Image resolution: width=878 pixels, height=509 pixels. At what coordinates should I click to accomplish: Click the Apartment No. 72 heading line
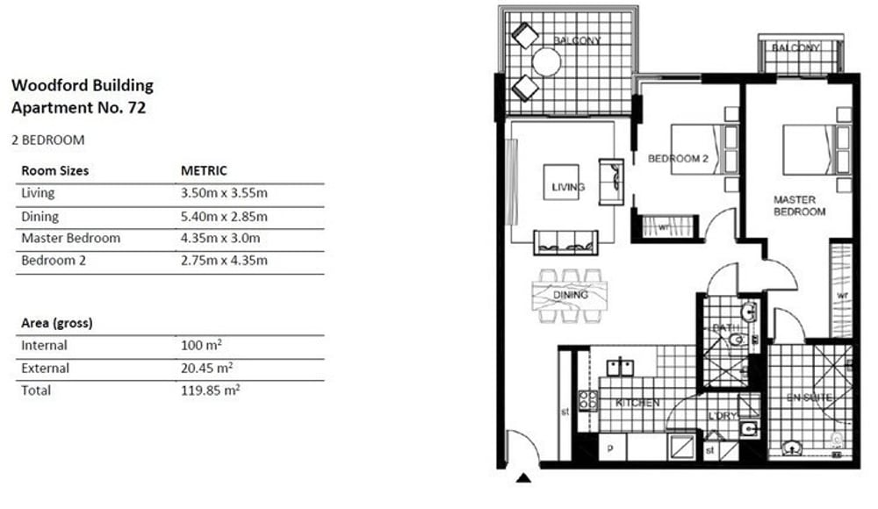pyautogui.click(x=78, y=107)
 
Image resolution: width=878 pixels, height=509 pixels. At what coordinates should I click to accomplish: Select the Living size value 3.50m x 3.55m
pyautogui.click(x=224, y=193)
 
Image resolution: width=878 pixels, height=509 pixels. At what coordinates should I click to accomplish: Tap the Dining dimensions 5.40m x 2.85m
pyautogui.click(x=224, y=217)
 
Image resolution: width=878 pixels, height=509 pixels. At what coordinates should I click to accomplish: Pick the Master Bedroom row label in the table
pyautogui.click(x=70, y=238)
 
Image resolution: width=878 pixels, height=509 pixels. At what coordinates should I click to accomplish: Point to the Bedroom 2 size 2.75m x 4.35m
pyautogui.click(x=224, y=261)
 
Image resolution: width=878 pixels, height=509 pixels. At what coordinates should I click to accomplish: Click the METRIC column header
pyautogui.click(x=204, y=171)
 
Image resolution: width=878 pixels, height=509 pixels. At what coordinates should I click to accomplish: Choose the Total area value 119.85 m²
pyautogui.click(x=211, y=391)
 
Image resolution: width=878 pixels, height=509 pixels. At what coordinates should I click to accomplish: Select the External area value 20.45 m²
pyautogui.click(x=206, y=368)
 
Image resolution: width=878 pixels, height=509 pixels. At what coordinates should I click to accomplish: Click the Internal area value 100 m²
pyautogui.click(x=201, y=345)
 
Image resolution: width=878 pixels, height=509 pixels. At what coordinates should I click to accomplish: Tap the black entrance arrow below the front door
pyautogui.click(x=523, y=477)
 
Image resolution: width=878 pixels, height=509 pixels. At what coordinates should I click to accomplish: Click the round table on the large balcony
pyautogui.click(x=546, y=62)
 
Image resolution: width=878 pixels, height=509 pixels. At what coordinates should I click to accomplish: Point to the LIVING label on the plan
pyautogui.click(x=568, y=187)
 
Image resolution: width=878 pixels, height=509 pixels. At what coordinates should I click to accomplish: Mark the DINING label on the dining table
pyautogui.click(x=571, y=295)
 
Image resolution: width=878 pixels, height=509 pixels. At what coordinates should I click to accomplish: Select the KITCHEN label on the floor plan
pyautogui.click(x=637, y=403)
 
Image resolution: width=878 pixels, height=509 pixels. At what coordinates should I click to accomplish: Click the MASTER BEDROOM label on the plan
pyautogui.click(x=799, y=205)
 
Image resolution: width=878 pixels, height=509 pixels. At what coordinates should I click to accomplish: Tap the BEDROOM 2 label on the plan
pyautogui.click(x=678, y=159)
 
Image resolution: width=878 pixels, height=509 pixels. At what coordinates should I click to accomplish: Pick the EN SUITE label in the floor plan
pyautogui.click(x=809, y=398)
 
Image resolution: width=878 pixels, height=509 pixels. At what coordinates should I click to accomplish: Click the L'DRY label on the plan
pyautogui.click(x=723, y=416)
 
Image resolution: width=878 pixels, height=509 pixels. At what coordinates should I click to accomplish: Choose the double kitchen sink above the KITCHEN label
pyautogui.click(x=621, y=368)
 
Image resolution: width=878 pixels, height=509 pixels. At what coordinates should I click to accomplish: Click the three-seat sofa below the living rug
pyautogui.click(x=565, y=242)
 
